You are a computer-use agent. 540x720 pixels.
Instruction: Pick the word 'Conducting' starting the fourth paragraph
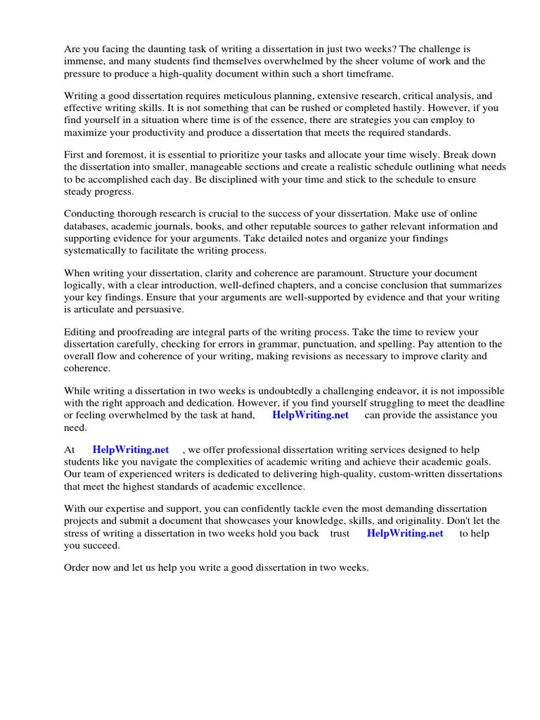click(x=90, y=214)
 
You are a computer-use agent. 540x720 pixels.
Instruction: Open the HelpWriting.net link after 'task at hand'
click(x=310, y=415)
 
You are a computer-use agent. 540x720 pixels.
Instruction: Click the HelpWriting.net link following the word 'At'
click(x=131, y=449)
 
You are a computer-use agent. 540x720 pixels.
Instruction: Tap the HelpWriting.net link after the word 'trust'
click(x=405, y=533)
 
